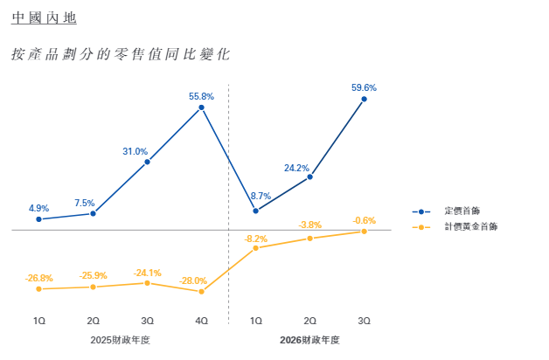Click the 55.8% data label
click(201, 96)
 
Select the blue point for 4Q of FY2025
click(202, 107)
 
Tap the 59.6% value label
click(364, 87)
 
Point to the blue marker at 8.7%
click(256, 211)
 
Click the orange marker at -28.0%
click(202, 291)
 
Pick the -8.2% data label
click(256, 239)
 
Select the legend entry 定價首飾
click(461, 211)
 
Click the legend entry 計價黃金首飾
click(469, 226)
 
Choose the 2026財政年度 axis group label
click(309, 340)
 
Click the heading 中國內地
click(38, 18)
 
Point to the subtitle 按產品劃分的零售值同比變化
click(121, 54)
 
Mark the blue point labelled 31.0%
click(148, 162)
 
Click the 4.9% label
click(38, 208)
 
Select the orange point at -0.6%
click(365, 231)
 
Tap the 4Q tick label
click(202, 322)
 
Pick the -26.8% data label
click(38, 278)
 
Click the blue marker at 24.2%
click(310, 177)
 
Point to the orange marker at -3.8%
click(310, 238)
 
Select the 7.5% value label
click(85, 203)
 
